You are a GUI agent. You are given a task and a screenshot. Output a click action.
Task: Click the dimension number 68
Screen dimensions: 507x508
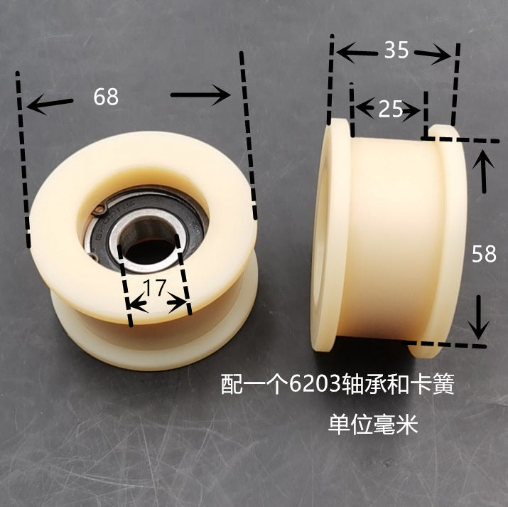[106, 96]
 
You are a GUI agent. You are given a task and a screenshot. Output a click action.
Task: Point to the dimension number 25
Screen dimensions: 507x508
[389, 109]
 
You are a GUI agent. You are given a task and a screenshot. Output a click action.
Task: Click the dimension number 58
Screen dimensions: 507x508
[484, 253]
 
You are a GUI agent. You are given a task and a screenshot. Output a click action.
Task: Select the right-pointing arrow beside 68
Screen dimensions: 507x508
[201, 95]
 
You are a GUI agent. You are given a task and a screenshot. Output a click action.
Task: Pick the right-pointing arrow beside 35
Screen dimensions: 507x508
[433, 54]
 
